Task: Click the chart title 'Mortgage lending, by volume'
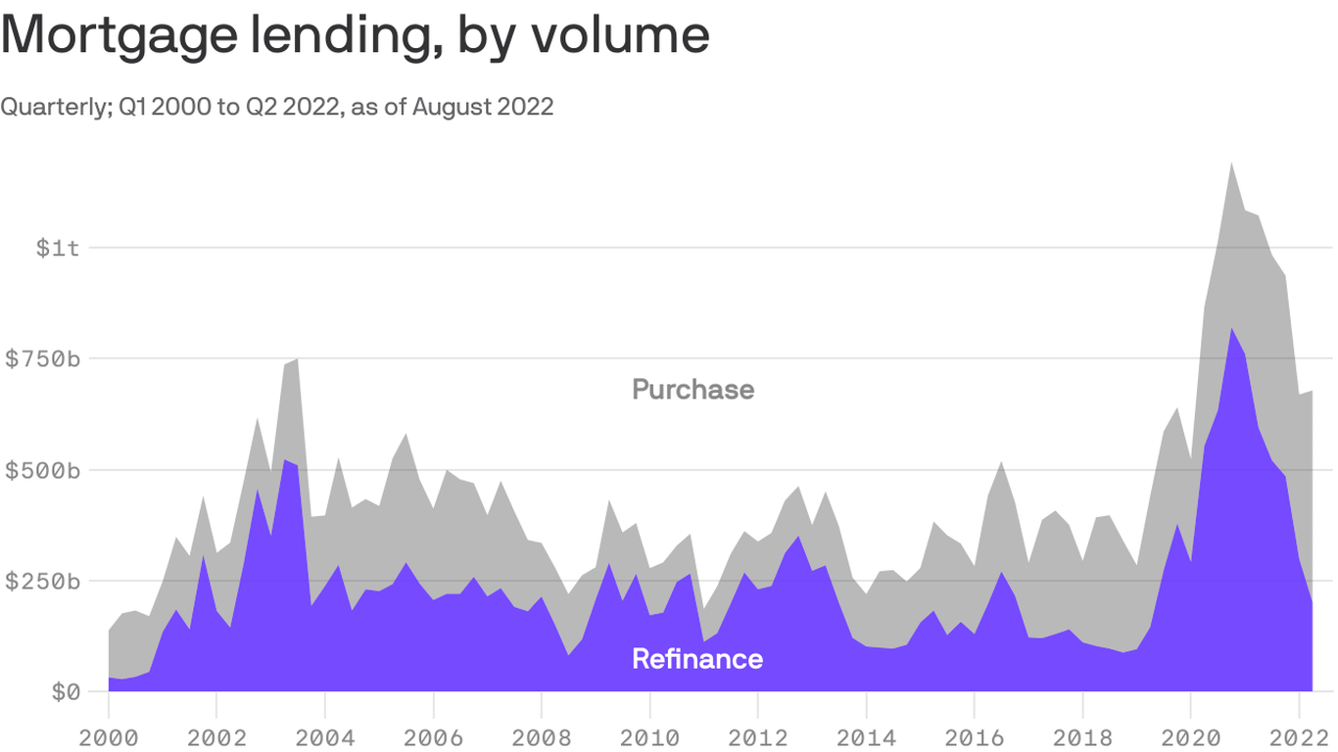pos(355,35)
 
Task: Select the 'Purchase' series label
pos(693,390)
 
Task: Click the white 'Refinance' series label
pos(696,659)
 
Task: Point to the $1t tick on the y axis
pos(58,248)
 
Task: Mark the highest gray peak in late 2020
pos(1230,164)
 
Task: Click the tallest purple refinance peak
pos(1230,330)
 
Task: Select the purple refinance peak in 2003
pos(284,461)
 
